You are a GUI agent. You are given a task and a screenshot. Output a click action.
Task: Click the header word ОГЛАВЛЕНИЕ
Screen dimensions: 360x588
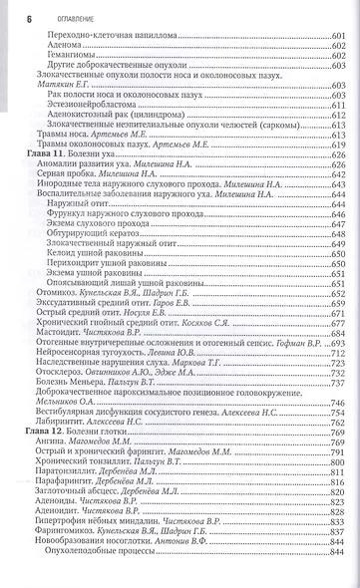(x=54, y=9)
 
